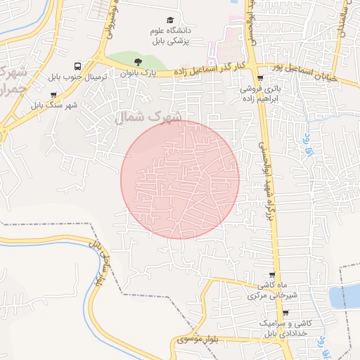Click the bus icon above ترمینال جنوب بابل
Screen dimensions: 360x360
tap(77, 65)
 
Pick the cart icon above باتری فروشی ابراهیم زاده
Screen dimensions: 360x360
tap(261, 79)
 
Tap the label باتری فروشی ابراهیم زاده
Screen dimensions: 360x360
tap(260, 94)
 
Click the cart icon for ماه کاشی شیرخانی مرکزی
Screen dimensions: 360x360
tap(273, 275)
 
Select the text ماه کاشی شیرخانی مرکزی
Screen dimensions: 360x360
tap(273, 290)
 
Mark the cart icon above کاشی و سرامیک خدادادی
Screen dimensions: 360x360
tap(285, 313)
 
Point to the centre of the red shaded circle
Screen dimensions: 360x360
tap(180, 179)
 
